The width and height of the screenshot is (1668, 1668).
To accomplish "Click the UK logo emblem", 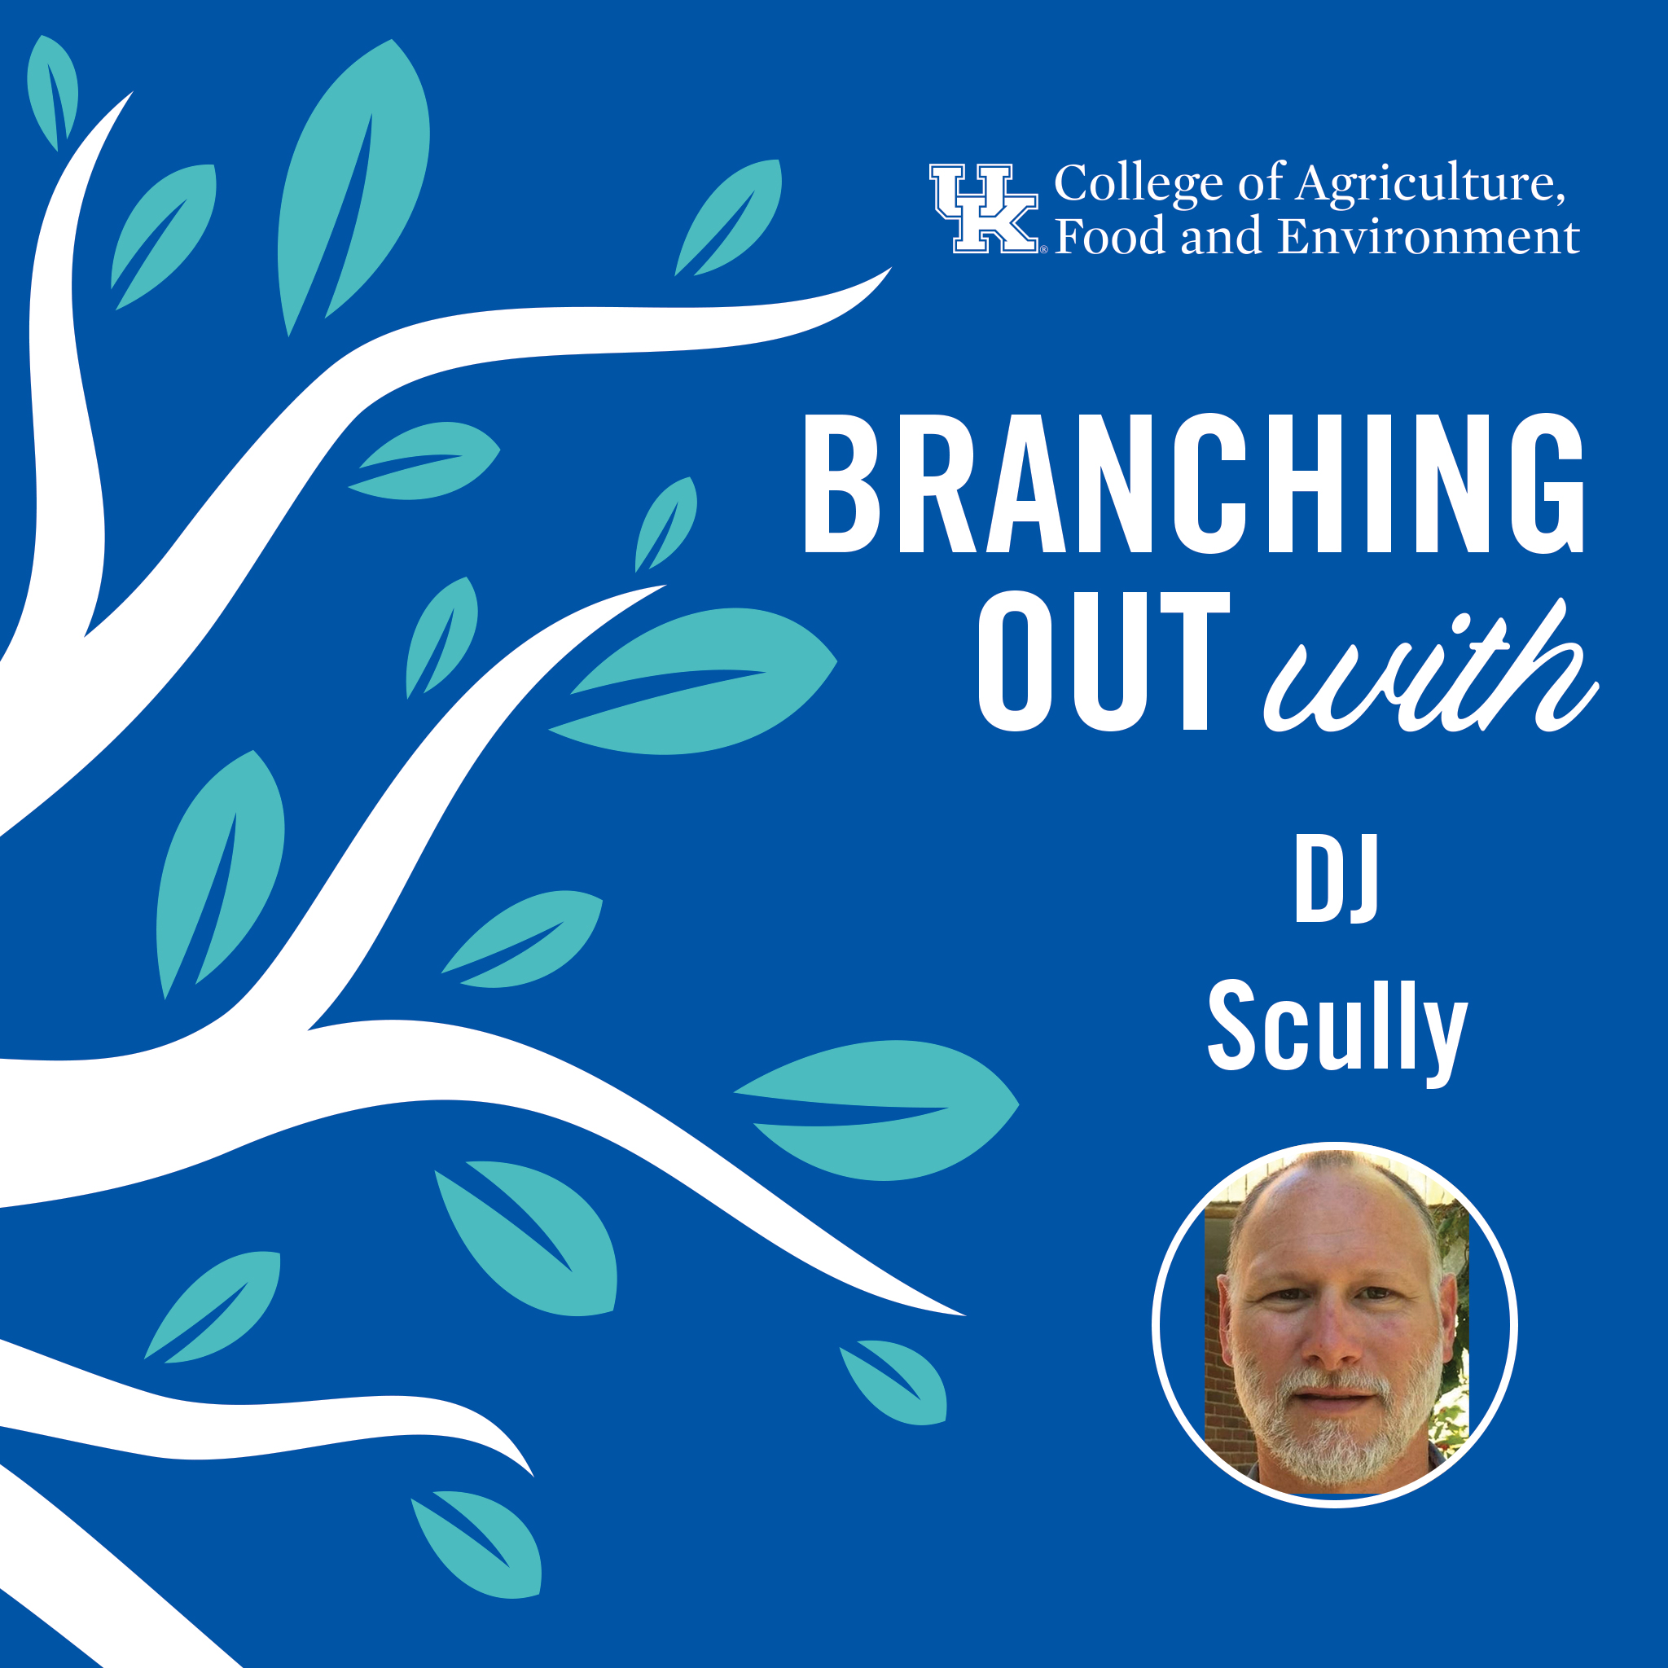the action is tap(983, 209).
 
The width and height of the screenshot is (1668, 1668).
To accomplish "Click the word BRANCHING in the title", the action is tap(1193, 483).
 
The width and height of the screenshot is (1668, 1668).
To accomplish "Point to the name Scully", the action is tap(1337, 1030).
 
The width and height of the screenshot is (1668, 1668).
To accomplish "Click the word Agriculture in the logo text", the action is tap(1432, 185).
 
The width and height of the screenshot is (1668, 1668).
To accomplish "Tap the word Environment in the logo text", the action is tap(1429, 236).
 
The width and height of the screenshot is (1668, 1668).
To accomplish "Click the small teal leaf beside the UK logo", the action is tap(729, 217).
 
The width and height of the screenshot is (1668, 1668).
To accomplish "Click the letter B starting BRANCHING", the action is tap(842, 484).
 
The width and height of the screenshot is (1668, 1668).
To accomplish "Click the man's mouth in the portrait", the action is tap(1335, 1396).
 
